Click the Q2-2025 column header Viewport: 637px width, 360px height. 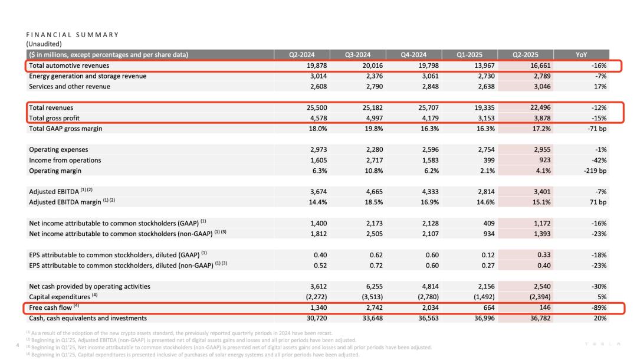pyautogui.click(x=525, y=55)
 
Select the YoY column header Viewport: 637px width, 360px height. pyautogui.click(x=581, y=55)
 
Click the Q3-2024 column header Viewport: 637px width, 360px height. pyautogui.click(x=358, y=55)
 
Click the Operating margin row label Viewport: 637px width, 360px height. pyautogui.click(x=55, y=171)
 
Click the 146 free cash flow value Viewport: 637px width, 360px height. pyautogui.click(x=545, y=307)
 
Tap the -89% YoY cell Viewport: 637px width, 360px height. pyautogui.click(x=598, y=307)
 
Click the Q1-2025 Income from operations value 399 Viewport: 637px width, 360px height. pyautogui.click(x=489, y=160)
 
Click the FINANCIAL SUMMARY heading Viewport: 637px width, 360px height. pyautogui.click(x=73, y=35)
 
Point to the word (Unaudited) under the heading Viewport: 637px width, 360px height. pyautogui.click(x=44, y=44)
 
